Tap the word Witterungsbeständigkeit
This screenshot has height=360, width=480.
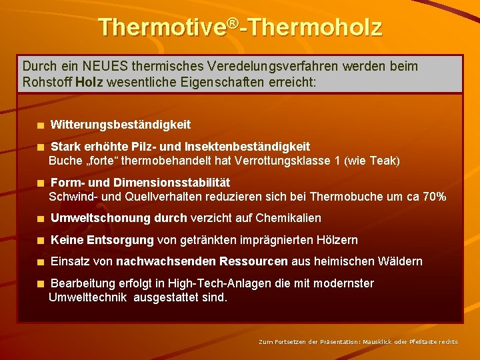point(121,125)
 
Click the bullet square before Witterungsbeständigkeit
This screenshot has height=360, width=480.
point(41,125)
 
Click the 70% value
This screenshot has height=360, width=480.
point(433,197)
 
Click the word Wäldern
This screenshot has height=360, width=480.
point(399,261)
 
